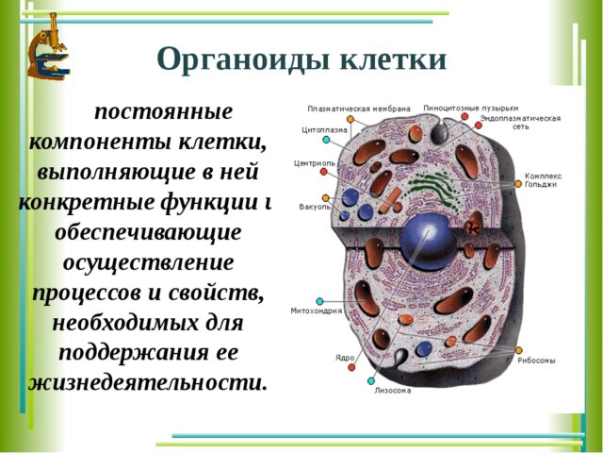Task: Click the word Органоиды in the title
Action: [x=233, y=59]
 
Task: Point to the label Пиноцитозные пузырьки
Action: [x=470, y=108]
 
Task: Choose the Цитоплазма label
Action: [x=324, y=129]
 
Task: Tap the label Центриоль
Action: [x=315, y=162]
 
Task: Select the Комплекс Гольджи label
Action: [x=544, y=179]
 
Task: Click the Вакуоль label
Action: [x=314, y=206]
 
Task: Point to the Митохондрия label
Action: [x=317, y=310]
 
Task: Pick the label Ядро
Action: [x=345, y=358]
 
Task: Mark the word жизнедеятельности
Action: [x=148, y=383]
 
